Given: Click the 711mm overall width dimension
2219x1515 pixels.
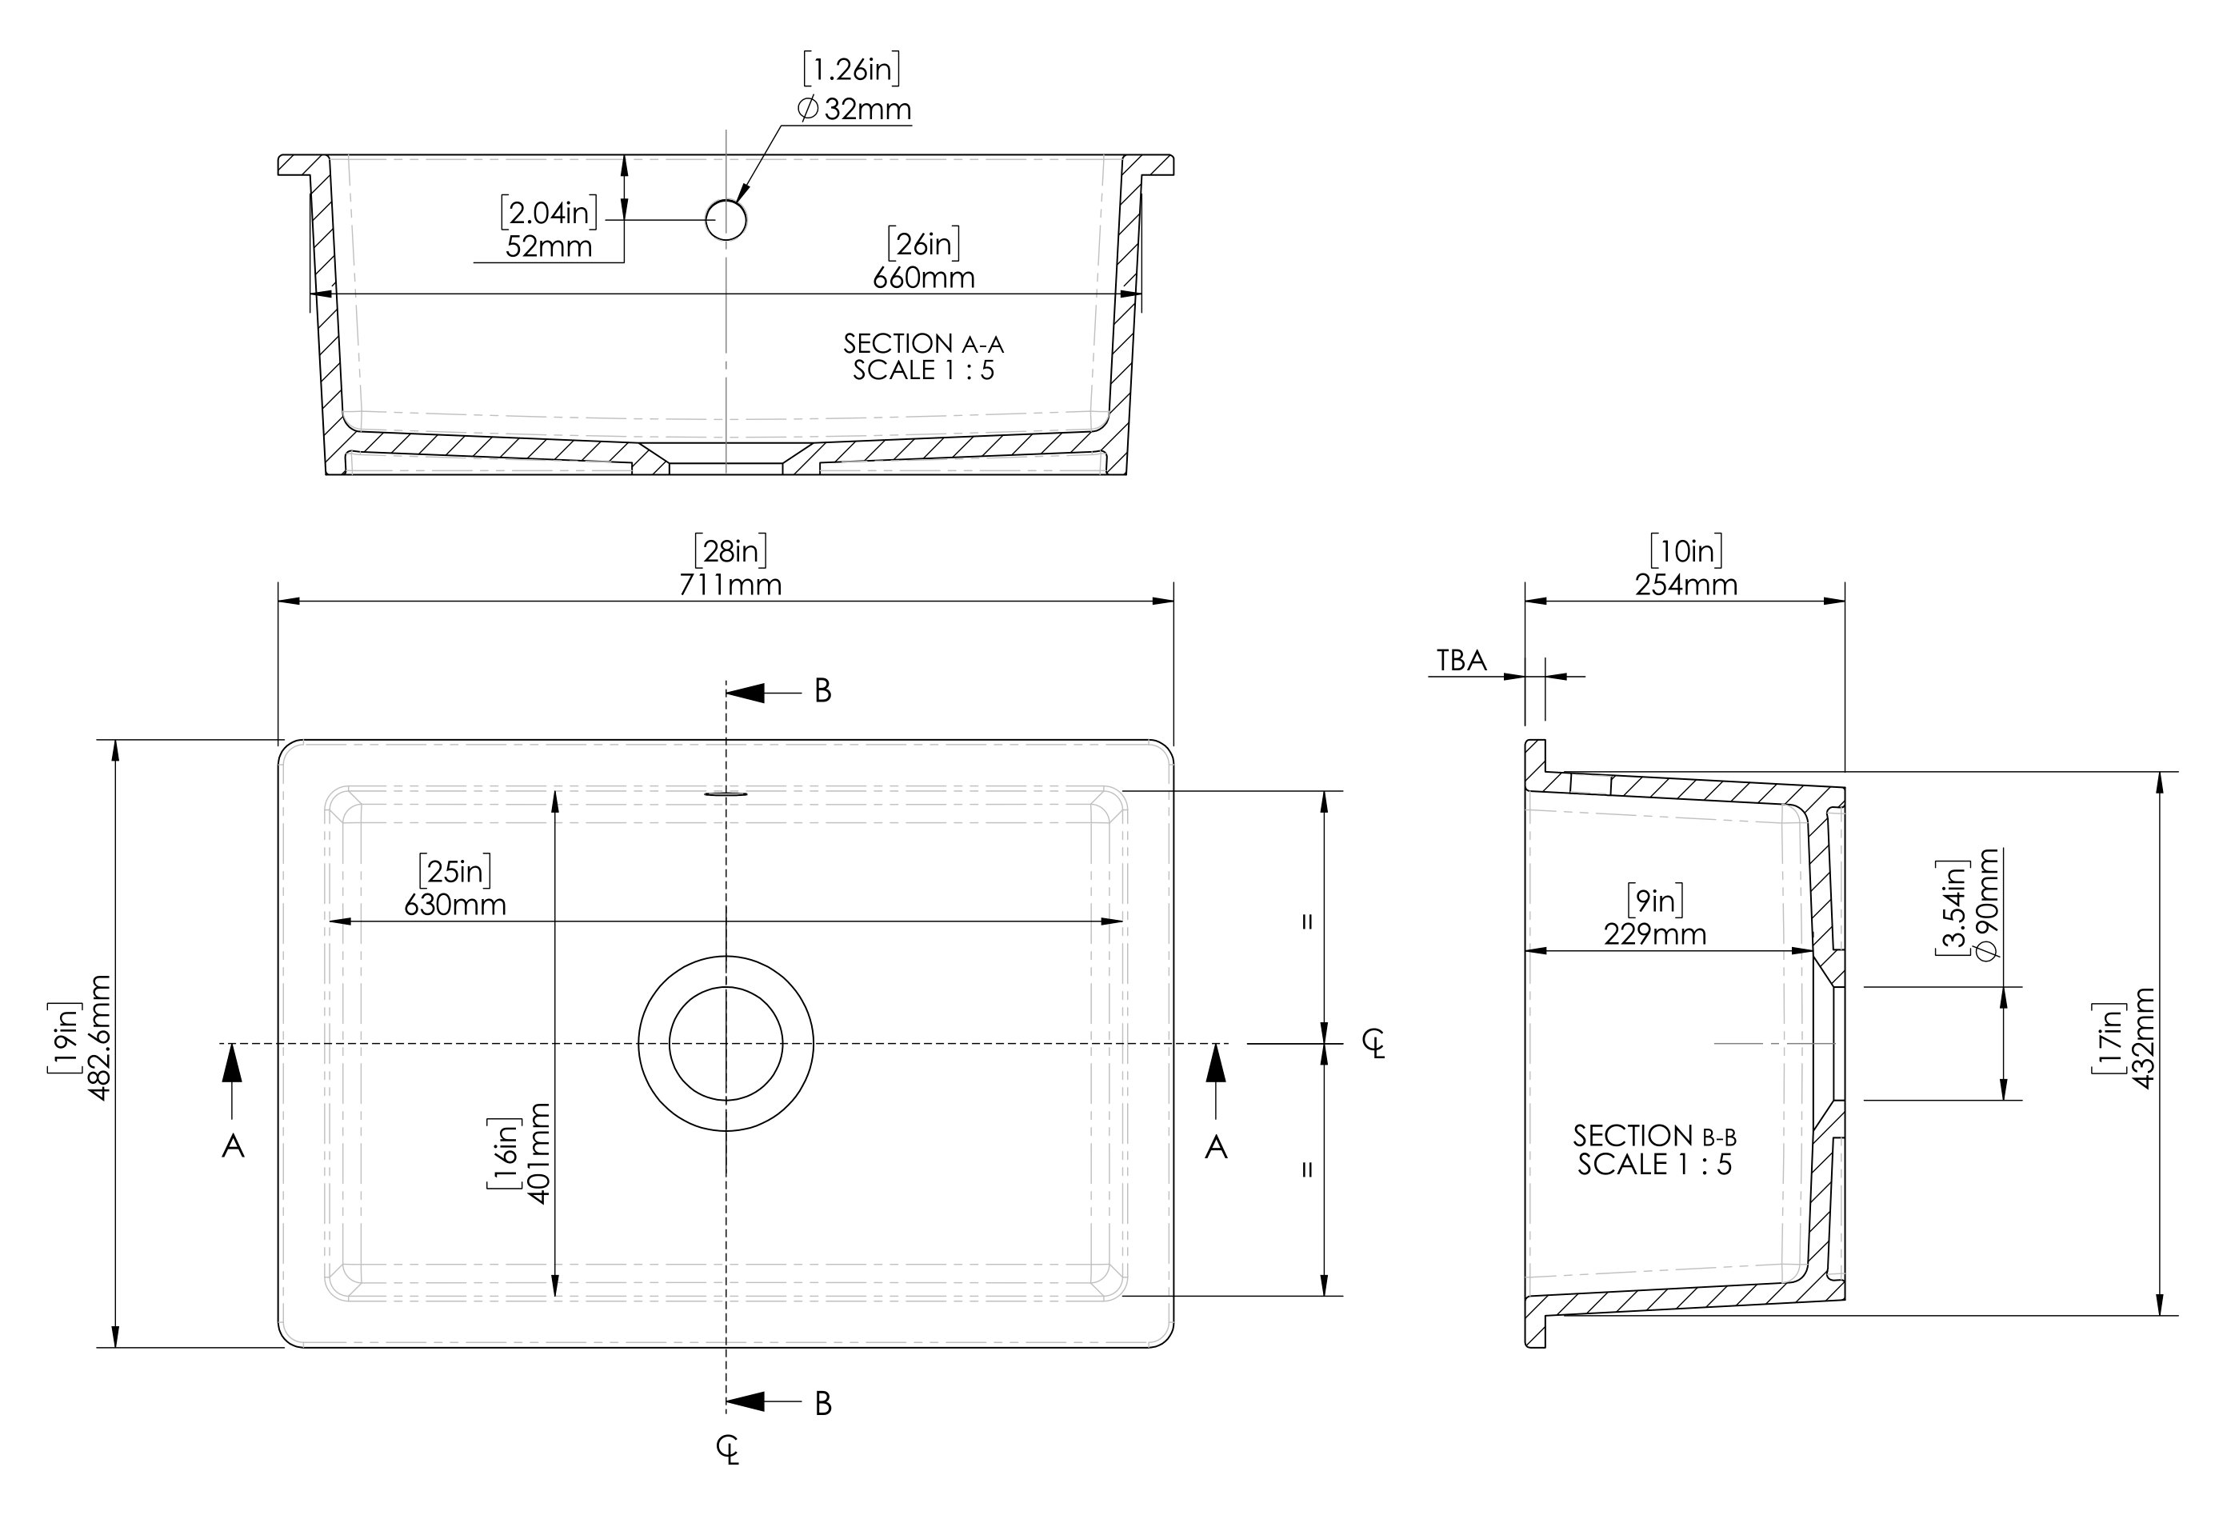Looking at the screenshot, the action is point(730,584).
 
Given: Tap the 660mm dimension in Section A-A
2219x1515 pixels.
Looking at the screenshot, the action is point(923,278).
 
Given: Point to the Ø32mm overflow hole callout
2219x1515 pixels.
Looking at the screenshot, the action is point(854,109).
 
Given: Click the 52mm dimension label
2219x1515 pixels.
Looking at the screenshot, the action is point(549,246).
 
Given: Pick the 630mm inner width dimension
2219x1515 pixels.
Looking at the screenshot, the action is point(454,904).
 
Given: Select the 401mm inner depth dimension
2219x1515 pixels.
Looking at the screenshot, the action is point(539,1153).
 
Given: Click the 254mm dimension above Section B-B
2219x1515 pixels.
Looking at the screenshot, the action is point(1686,584).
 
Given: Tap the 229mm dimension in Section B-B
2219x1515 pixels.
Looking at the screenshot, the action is point(1655,933).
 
